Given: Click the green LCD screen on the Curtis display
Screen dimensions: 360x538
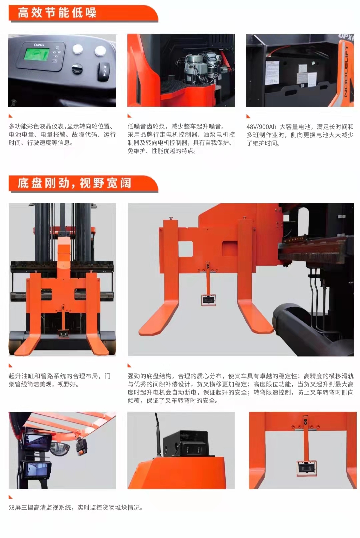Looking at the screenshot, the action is coord(37,55).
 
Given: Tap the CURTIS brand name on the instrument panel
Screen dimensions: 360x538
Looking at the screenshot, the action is coord(39,45).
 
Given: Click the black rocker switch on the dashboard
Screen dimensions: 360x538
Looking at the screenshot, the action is coord(104,71).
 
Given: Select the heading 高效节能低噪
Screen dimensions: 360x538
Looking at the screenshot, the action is coord(57,13).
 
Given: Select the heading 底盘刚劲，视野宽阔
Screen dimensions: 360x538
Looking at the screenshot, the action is coord(74,183).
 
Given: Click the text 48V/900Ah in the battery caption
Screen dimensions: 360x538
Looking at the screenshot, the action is coord(261,127).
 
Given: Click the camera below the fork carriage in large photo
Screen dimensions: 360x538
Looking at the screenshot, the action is coord(208,300).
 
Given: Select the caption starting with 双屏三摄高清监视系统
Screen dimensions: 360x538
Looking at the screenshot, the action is coord(76,507).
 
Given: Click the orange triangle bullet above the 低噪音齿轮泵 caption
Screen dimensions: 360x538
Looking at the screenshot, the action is coord(129,116).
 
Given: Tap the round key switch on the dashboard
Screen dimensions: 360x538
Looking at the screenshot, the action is coord(78,69).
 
